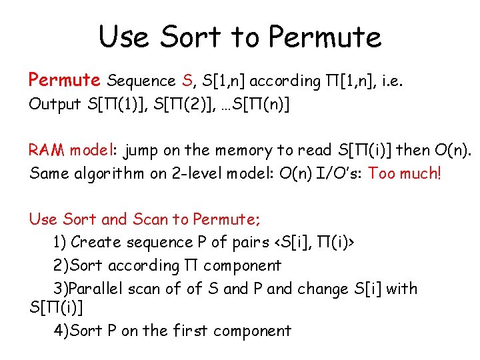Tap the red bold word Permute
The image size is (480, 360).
pos(64,81)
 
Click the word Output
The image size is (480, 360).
pos(55,105)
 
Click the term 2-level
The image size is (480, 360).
pos(197,174)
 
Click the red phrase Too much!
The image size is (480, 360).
pos(405,174)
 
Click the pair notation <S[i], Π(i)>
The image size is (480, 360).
pos(309,242)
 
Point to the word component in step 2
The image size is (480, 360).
pos(243,266)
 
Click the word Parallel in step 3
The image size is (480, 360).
pos(95,289)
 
